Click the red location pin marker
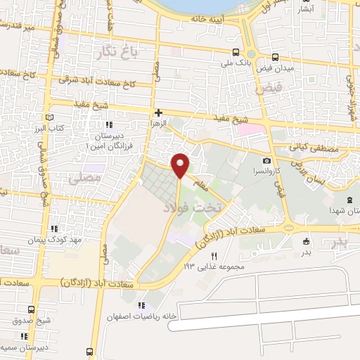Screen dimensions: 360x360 click(x=181, y=165)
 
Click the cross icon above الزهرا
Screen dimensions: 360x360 click(x=159, y=112)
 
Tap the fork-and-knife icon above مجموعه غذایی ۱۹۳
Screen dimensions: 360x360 click(x=214, y=256)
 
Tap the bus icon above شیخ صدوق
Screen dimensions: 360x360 click(x=30, y=309)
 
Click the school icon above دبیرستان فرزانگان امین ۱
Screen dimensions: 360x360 click(x=108, y=125)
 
